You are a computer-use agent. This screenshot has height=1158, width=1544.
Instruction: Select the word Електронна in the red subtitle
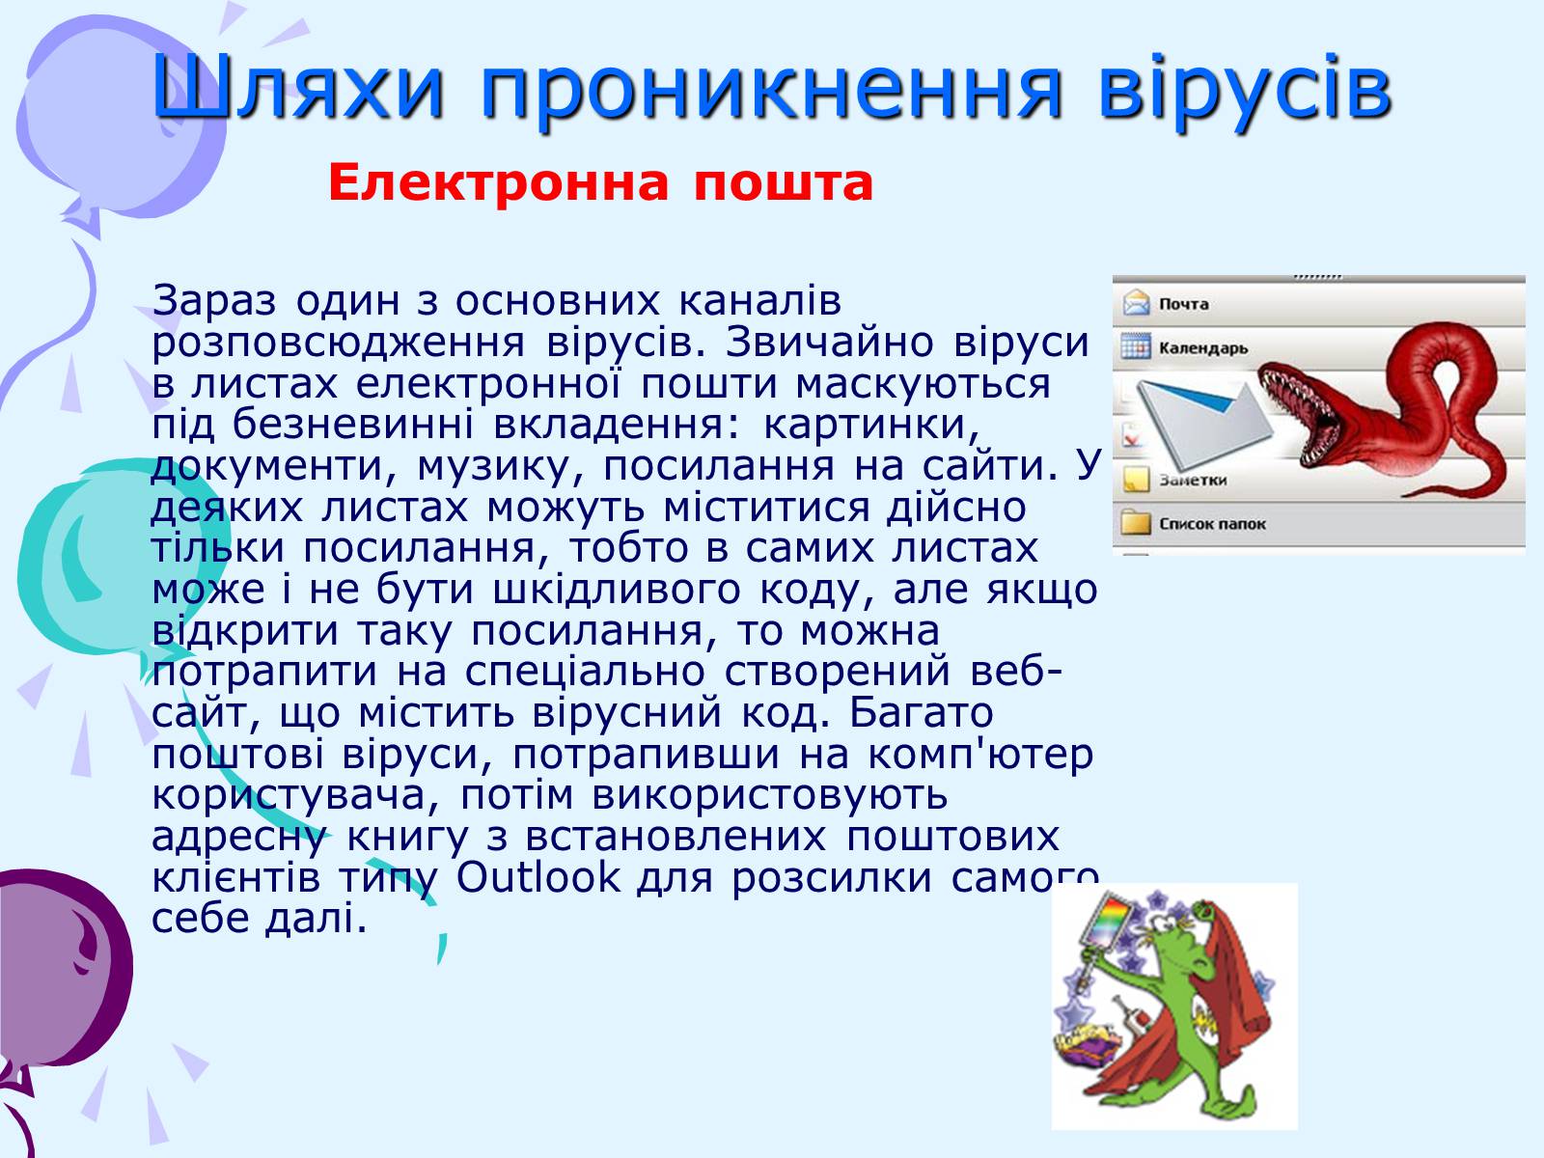[x=498, y=182]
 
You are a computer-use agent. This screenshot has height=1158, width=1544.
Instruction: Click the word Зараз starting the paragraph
[x=214, y=300]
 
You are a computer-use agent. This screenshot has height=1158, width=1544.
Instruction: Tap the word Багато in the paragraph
[x=921, y=713]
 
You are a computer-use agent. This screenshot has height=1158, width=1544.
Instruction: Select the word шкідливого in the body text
[x=617, y=590]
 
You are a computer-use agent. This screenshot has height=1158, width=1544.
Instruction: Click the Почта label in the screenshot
[x=1184, y=304]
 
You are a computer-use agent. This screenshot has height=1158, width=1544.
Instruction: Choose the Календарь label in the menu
[x=1203, y=348]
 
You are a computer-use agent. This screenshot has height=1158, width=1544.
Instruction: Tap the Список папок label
[x=1213, y=524]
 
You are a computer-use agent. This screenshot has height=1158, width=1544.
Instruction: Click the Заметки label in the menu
[x=1193, y=481]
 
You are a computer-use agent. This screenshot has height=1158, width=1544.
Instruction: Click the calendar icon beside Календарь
[x=1136, y=346]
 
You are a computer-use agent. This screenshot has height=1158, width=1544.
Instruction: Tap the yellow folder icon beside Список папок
[x=1136, y=522]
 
